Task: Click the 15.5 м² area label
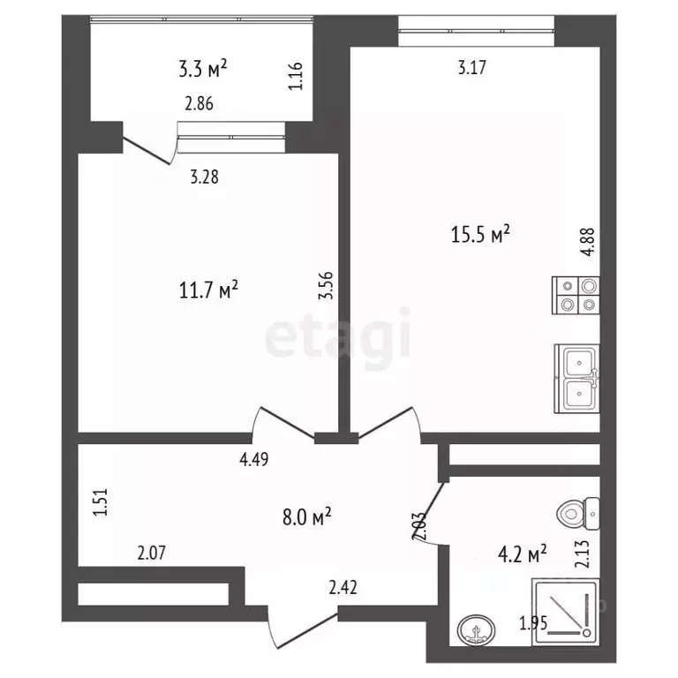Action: pos(480,234)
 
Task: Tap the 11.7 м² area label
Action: pos(208,290)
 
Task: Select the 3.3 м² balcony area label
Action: pos(203,68)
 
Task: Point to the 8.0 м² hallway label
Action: pos(307,516)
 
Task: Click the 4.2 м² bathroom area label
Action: pos(523,554)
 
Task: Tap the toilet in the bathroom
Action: pos(577,514)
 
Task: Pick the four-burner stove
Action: pos(576,296)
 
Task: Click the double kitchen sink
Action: pos(576,379)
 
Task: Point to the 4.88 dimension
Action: pos(589,242)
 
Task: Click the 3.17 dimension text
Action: pos(472,68)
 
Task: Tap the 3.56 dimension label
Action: pos(326,285)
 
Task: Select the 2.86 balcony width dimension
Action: pos(199,104)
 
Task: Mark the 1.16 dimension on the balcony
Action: pos(296,76)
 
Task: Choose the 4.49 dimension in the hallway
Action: pos(254,459)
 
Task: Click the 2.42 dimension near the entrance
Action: pos(343,588)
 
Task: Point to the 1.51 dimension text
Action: pos(100,502)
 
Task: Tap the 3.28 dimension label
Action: pos(205,177)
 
